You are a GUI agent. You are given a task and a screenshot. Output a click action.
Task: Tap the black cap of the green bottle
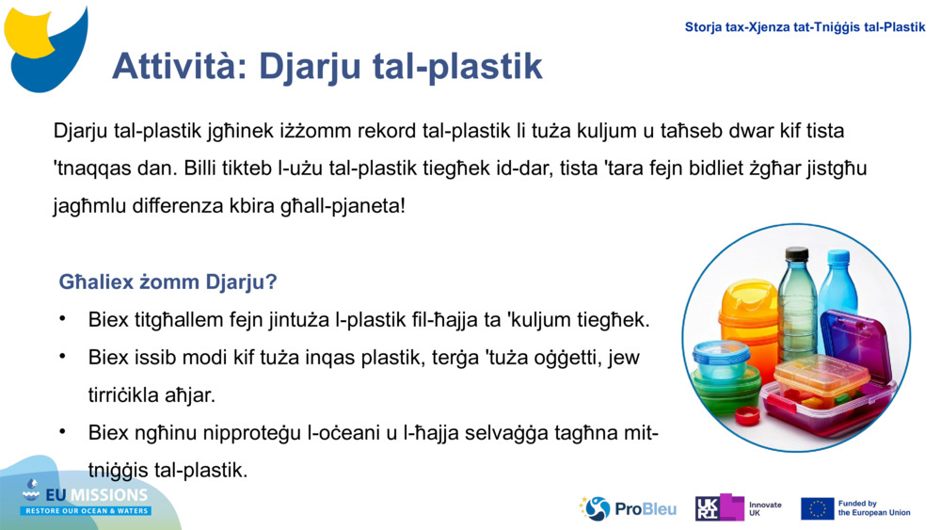pyautogui.click(x=797, y=253)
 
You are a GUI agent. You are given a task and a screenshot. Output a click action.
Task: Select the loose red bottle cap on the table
pyautogui.click(x=747, y=415)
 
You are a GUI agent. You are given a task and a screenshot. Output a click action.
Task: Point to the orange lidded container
pyautogui.click(x=749, y=312)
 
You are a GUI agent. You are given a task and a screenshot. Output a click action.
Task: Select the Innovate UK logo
pyautogui.click(x=739, y=508)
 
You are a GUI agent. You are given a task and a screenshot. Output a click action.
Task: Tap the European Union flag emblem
pyautogui.click(x=817, y=508)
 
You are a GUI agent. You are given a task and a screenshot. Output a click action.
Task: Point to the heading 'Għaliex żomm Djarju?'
pyautogui.click(x=167, y=281)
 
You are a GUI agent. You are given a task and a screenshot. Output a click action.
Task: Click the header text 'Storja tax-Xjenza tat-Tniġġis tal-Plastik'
pyautogui.click(x=805, y=27)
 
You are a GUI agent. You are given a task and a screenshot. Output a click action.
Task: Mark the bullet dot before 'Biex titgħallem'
pyautogui.click(x=63, y=319)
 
